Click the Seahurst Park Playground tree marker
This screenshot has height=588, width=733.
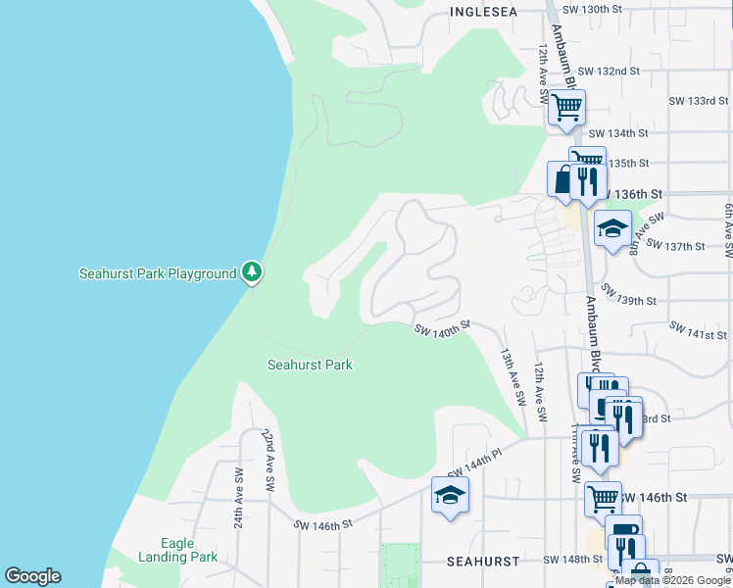click(252, 271)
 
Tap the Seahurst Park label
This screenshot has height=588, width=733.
click(310, 366)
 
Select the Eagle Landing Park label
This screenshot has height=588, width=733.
click(190, 551)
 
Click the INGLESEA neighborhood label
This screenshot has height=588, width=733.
click(484, 12)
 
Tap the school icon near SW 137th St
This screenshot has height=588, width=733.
click(612, 229)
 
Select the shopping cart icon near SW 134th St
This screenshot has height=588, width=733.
click(566, 108)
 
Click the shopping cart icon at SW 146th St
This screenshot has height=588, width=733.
click(603, 499)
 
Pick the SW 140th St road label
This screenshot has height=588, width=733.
click(442, 331)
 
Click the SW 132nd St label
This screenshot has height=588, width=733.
click(608, 72)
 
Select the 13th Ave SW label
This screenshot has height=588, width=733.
click(509, 370)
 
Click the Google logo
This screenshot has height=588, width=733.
click(32, 576)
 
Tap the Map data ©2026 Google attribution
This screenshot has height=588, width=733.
click(674, 580)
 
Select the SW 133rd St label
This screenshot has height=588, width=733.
click(698, 102)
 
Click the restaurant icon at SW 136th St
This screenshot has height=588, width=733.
click(586, 180)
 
